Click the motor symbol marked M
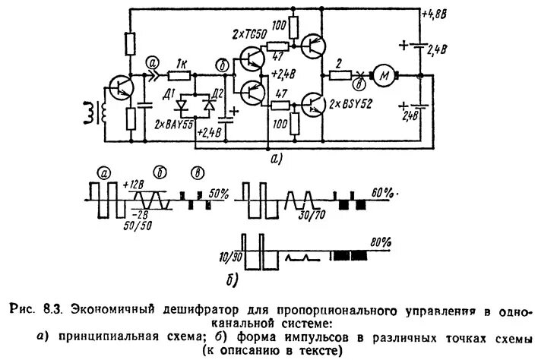386,75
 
